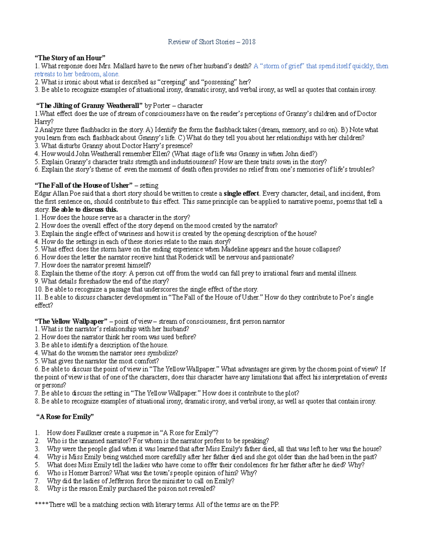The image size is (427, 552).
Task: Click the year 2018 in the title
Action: (248, 42)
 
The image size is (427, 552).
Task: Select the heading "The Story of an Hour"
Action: (70, 58)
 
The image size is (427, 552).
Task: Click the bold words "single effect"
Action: (242, 194)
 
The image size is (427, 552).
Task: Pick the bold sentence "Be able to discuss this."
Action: (84, 209)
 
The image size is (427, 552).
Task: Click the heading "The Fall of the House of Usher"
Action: (83, 186)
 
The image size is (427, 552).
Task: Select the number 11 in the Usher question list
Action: (38, 298)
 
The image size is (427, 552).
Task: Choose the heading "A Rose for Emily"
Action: (65, 417)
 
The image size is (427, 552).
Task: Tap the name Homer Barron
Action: (90, 473)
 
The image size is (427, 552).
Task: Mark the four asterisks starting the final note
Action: (42, 505)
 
